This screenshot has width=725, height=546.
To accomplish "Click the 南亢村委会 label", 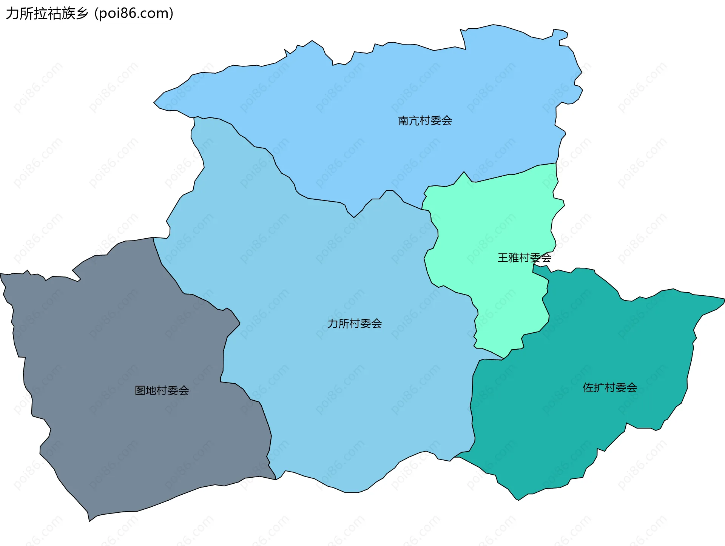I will point(425,121).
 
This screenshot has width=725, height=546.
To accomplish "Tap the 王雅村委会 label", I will point(524,258).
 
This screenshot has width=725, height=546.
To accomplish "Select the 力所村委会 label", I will point(355,324).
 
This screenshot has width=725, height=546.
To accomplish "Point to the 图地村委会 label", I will point(162,390).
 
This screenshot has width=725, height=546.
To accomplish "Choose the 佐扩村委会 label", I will point(610,388).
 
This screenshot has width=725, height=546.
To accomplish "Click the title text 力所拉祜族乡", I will point(47,14).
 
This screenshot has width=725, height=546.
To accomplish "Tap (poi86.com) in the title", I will point(134,14).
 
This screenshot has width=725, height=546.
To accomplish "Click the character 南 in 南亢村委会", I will point(403,121).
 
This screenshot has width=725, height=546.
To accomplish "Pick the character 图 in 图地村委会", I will point(140,390).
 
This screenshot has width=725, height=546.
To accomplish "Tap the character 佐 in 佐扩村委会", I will point(588,388).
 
